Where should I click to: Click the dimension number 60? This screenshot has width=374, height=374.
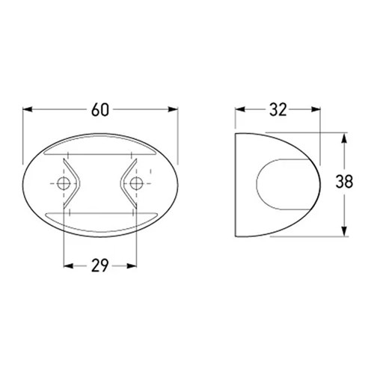100,110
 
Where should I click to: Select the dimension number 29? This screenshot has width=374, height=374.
99,266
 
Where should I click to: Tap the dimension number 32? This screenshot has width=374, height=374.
278,110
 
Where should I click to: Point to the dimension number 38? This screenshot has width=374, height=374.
344,181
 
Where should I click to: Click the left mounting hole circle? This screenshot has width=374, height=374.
64,183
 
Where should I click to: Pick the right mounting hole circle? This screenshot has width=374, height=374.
136,183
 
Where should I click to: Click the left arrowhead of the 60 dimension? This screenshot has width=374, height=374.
28,109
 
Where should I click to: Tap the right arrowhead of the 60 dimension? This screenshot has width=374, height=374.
173,109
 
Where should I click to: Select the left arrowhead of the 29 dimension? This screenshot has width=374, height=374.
68,266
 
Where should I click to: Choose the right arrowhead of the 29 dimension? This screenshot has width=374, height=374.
132,266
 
